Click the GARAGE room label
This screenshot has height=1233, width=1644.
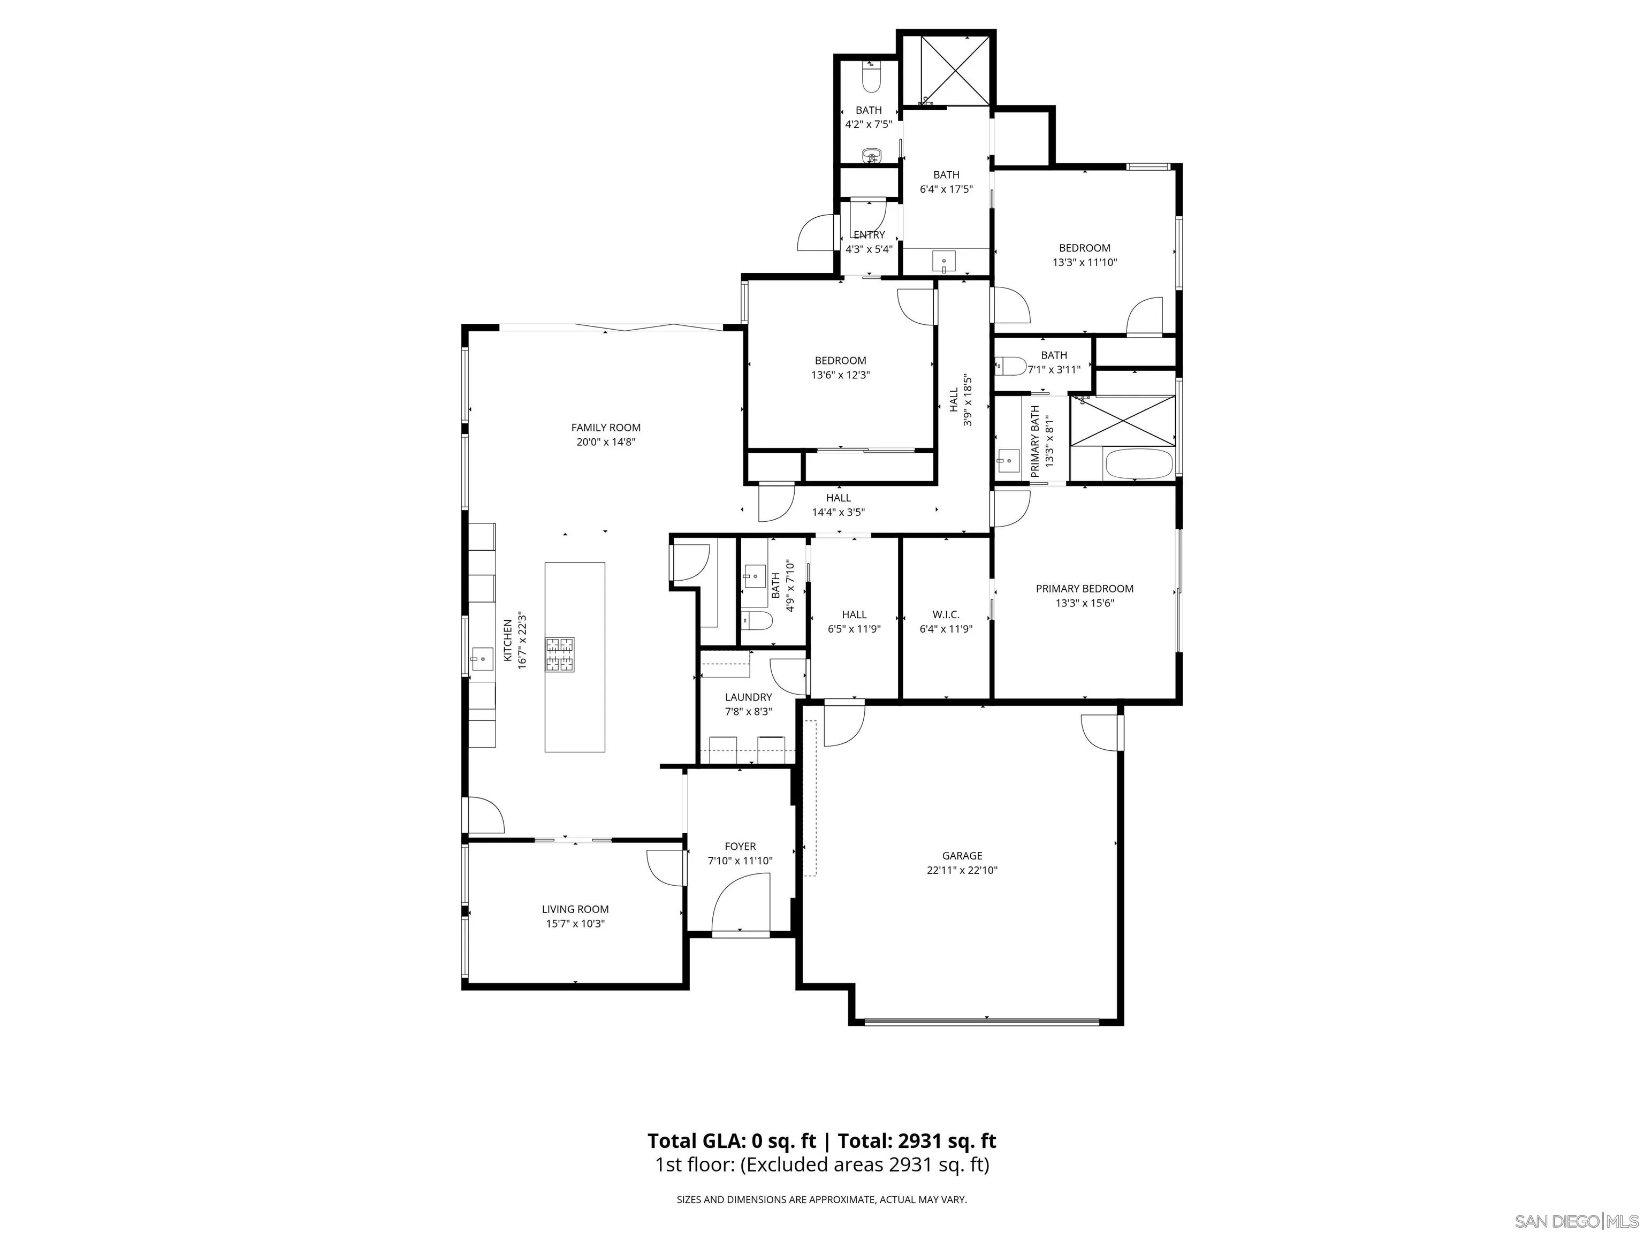962,855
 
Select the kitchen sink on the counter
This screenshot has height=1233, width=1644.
482,658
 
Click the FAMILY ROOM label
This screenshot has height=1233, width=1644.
606,428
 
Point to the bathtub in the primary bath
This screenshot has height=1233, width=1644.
1139,465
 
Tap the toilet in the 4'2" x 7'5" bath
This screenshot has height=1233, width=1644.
870,77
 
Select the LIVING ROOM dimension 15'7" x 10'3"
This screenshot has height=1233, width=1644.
575,924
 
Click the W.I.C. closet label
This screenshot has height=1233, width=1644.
946,615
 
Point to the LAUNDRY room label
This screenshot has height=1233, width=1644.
749,697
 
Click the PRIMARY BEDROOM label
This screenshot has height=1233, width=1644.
1084,589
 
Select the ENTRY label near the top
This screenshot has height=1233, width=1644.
869,235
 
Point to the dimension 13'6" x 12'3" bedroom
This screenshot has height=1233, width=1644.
840,375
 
